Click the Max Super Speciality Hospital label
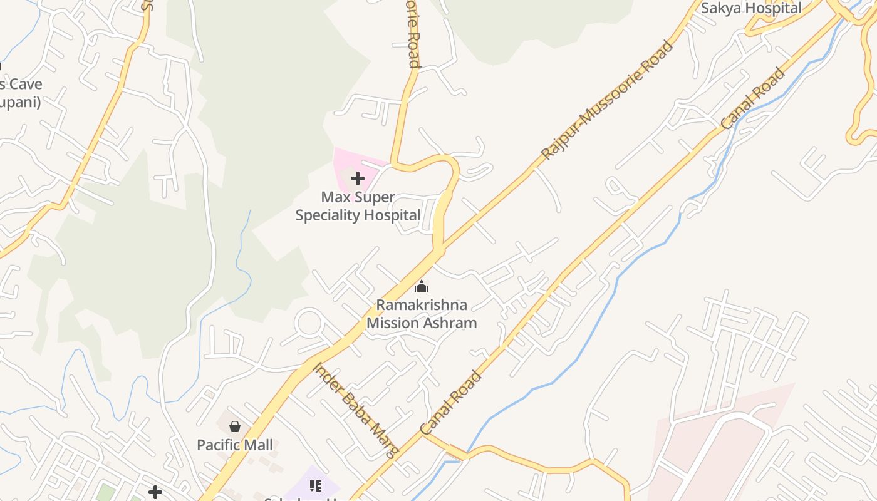358,206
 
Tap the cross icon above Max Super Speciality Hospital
358,179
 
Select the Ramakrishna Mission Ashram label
422,314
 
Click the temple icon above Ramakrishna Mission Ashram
422,287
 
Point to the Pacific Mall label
235,445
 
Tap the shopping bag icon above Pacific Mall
235,427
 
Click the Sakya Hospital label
751,8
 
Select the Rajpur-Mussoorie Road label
606,100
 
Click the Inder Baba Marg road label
355,411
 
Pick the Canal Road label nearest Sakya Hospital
752,99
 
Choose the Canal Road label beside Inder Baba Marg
451,403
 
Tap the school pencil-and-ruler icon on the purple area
315,485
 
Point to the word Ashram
449,323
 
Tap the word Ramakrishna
422,305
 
